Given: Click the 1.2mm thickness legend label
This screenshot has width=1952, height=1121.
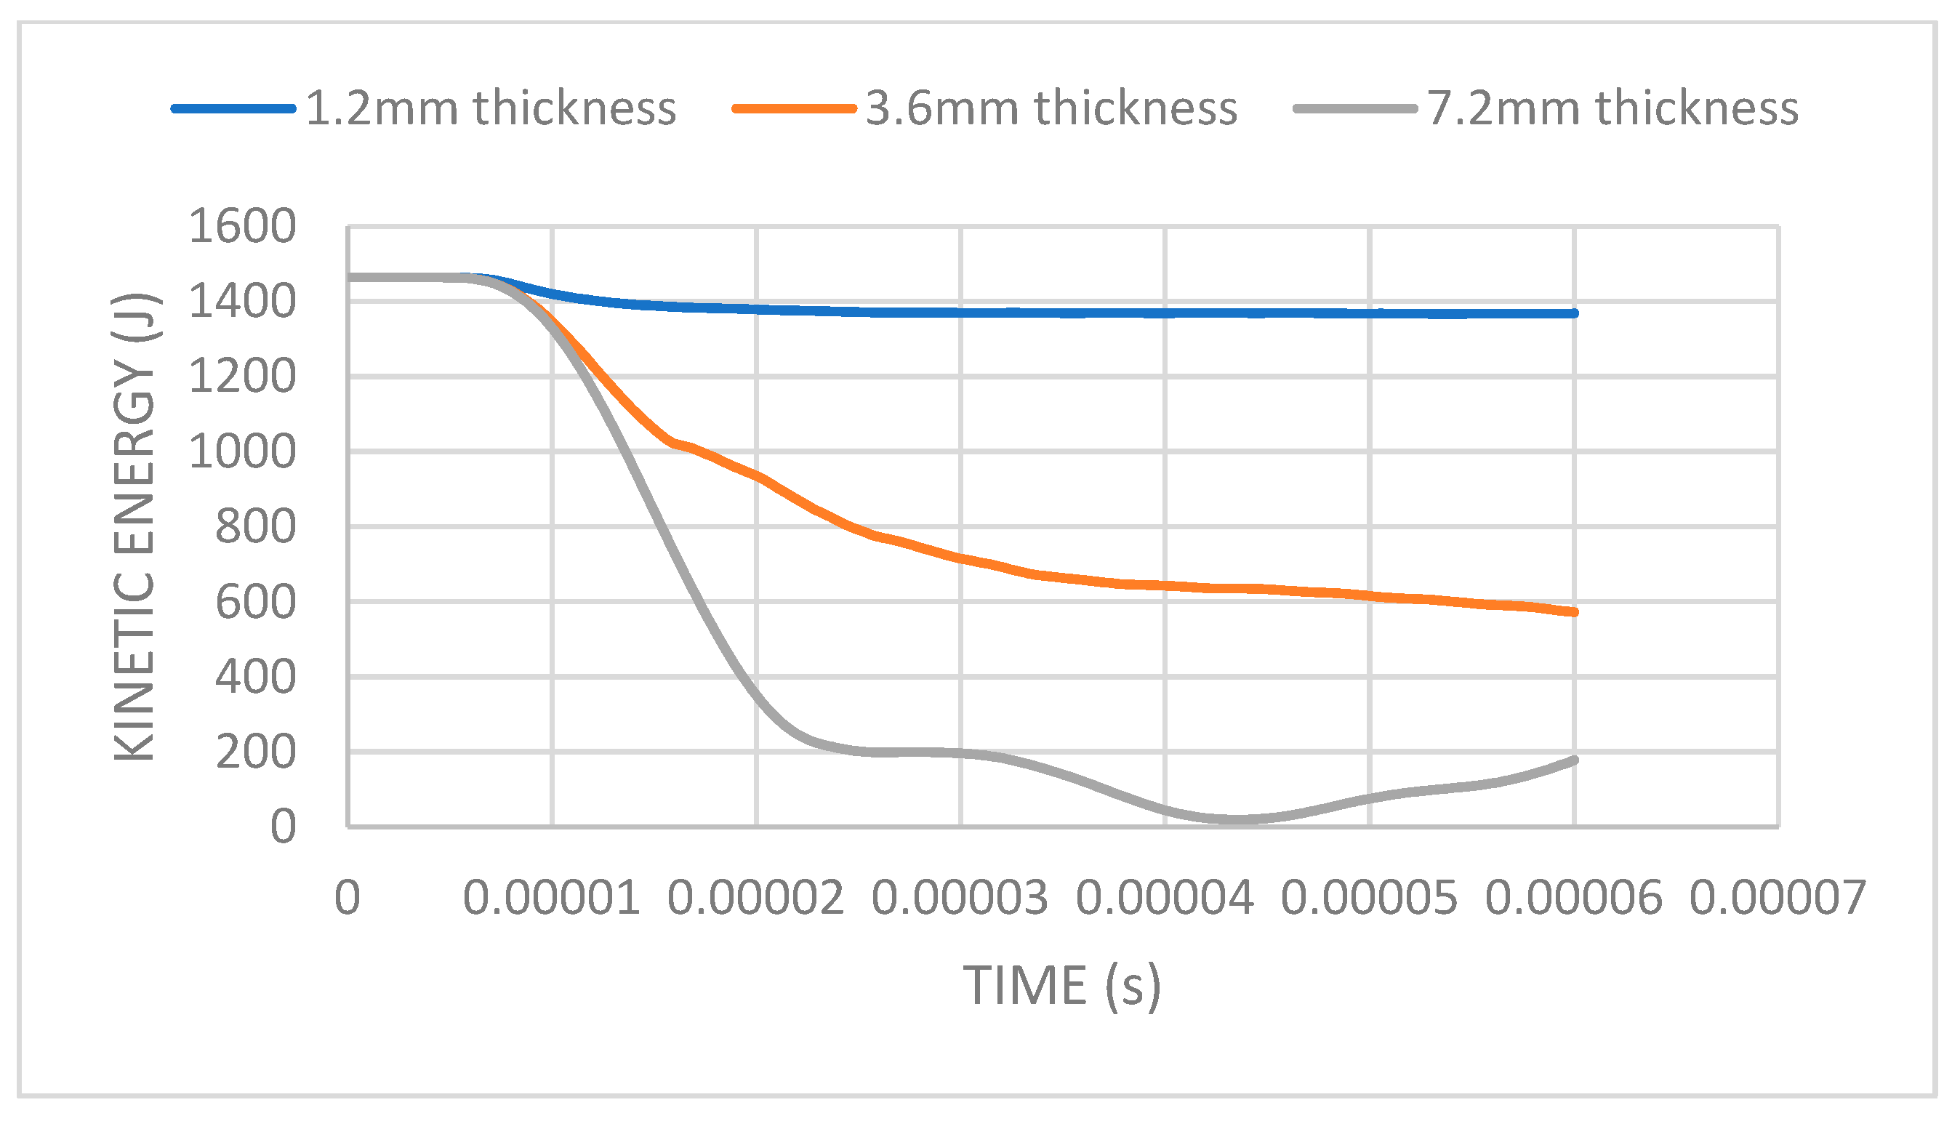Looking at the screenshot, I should click(491, 108).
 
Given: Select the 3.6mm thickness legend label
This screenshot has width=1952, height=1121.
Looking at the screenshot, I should click(1051, 108).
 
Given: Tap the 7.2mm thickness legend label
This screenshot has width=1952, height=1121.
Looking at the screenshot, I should click(1612, 108).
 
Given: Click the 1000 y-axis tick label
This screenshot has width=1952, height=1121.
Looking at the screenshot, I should click(241, 452).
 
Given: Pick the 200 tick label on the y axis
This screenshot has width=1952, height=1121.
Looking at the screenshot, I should click(254, 752).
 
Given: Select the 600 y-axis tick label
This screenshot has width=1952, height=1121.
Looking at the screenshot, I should click(254, 602).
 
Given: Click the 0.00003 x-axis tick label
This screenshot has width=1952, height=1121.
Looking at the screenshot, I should click(960, 899).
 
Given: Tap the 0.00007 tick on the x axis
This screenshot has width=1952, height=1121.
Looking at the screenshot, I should click(1778, 899).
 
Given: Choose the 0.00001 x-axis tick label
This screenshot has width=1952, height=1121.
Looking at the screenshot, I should click(551, 899).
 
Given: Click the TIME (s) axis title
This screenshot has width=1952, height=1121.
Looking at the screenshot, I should click(1061, 987).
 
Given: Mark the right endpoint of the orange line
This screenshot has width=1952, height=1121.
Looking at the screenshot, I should click(1575, 612).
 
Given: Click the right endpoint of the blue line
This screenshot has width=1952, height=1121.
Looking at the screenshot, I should click(1575, 313).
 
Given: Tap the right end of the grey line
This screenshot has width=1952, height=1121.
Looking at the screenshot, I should click(1575, 760).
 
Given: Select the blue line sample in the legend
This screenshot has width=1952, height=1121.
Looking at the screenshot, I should click(233, 108).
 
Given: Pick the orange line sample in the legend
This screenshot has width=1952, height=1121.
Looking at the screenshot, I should click(795, 108).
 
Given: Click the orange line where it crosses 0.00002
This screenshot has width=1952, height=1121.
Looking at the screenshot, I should click(758, 477).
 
